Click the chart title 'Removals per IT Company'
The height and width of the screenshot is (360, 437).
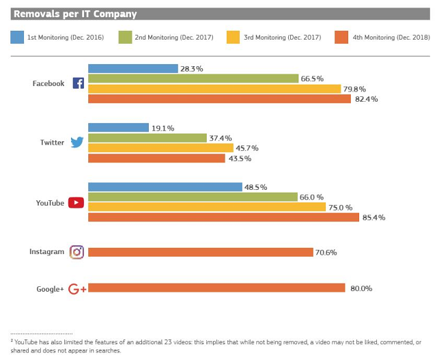75,14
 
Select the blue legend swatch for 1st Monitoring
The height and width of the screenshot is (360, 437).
18,37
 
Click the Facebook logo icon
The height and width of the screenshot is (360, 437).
79,83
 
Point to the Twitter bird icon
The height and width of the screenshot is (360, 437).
77,143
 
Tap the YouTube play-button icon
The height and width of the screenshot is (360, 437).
76,203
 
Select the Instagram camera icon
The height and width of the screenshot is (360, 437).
77,252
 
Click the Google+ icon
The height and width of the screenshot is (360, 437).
77,289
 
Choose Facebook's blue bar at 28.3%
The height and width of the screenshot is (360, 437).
132,68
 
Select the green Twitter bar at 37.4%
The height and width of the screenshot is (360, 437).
147,138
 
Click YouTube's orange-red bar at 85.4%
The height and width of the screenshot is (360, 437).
223,217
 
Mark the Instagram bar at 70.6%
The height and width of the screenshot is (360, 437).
200,252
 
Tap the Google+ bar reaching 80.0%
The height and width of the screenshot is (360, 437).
216,288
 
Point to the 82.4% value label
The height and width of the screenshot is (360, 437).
366,99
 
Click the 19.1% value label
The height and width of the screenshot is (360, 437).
163,128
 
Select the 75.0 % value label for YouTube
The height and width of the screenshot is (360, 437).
341,208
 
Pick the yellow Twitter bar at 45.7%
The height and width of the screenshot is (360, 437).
160,148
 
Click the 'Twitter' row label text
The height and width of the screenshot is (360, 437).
52,143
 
